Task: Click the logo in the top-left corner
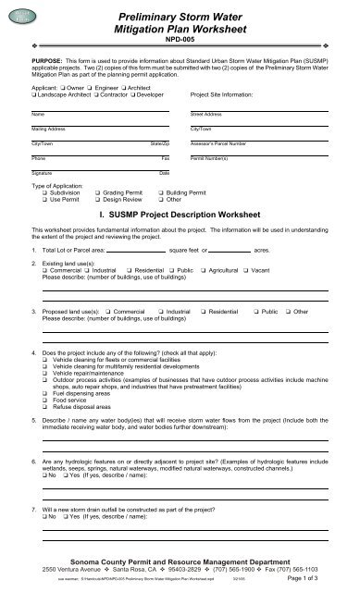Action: click(x=20, y=15)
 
